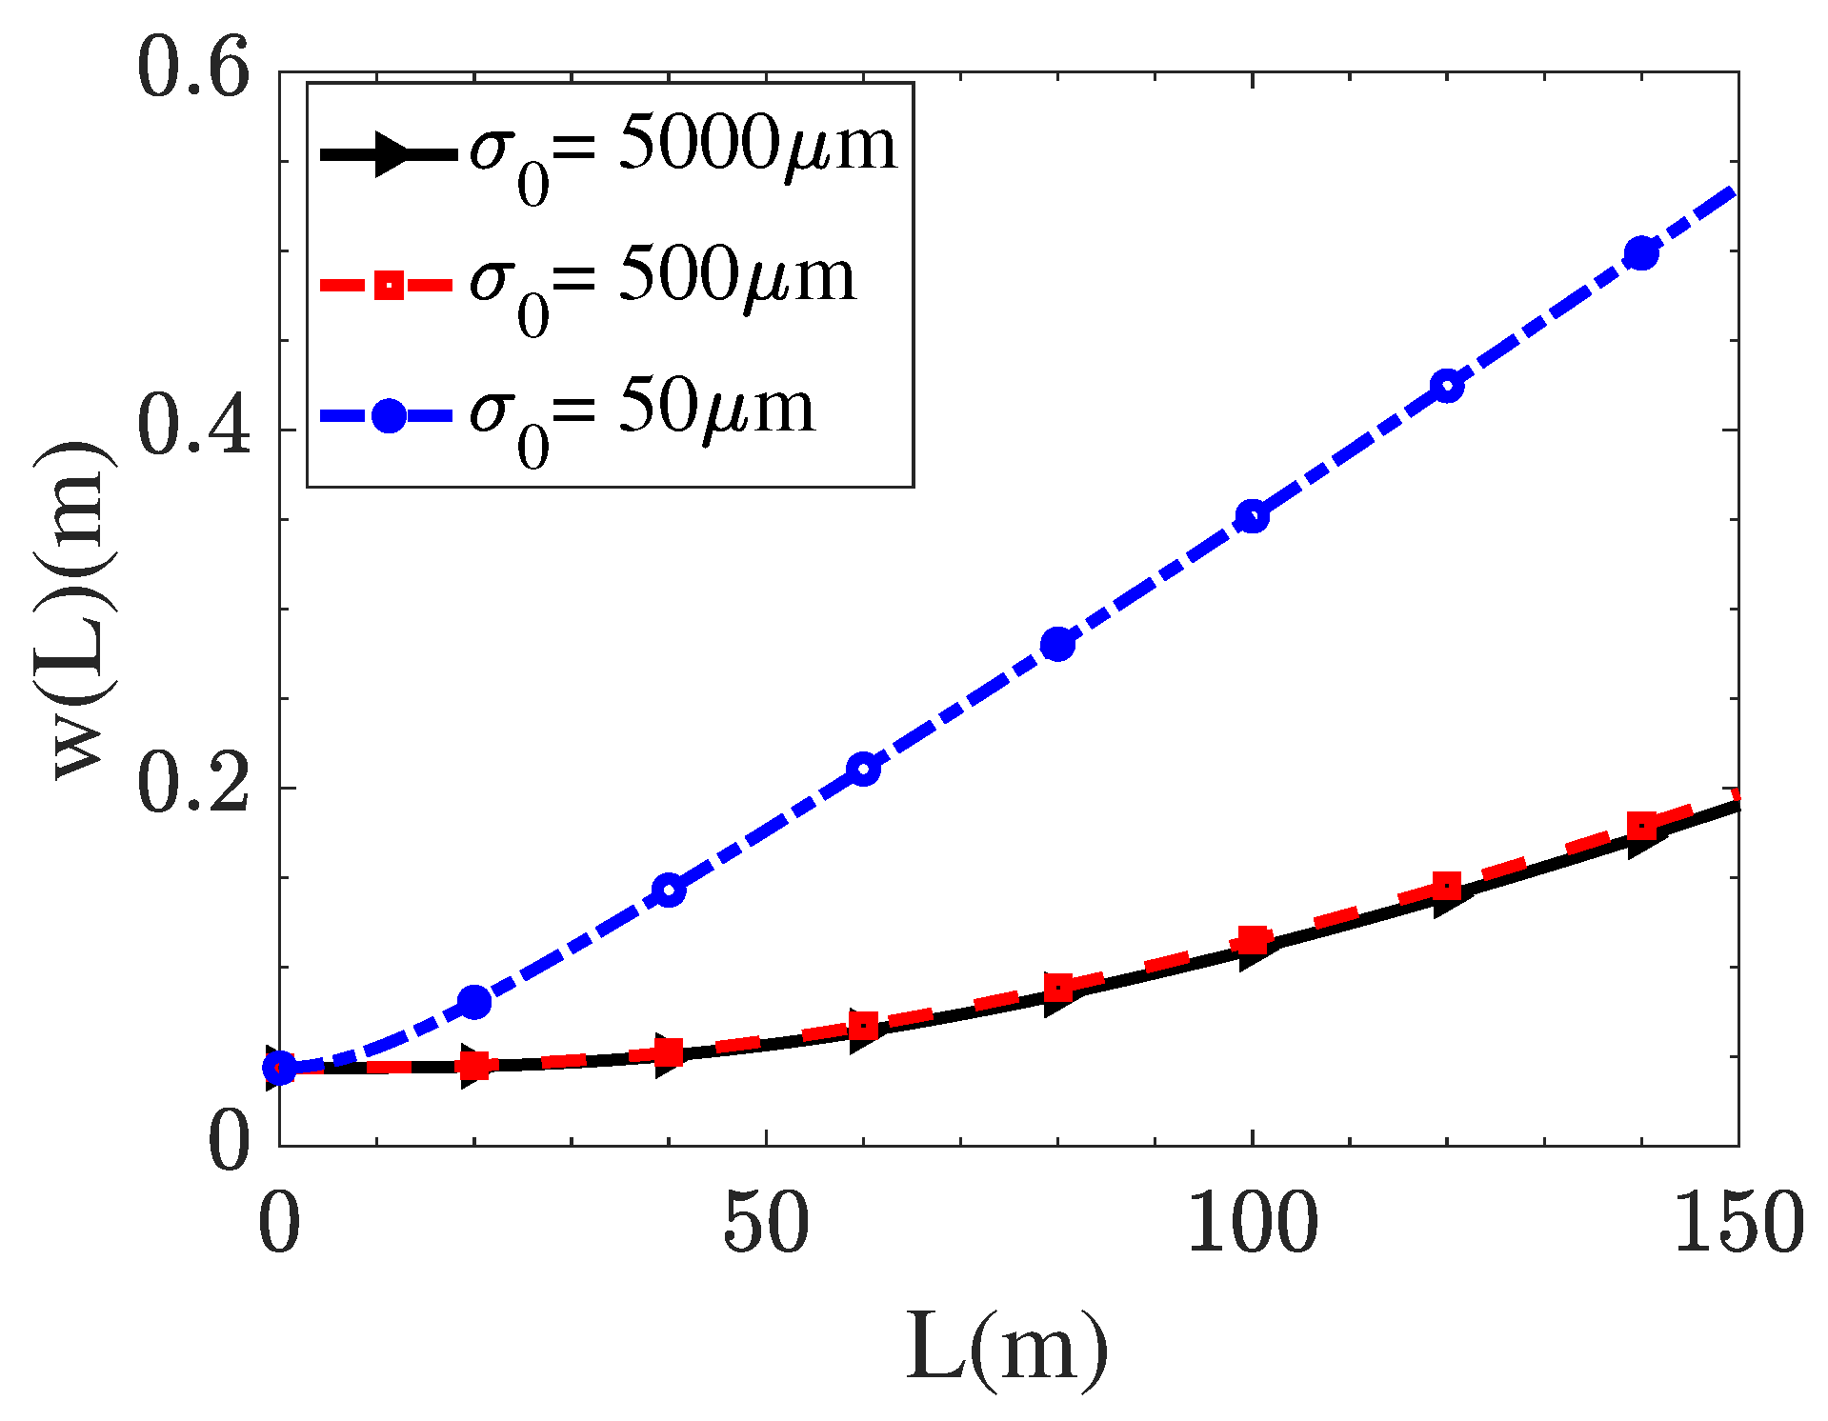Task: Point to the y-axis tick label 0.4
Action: tap(193, 429)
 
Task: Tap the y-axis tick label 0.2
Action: tap(193, 787)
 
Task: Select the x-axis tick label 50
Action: tap(766, 1225)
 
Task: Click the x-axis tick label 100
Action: tap(1252, 1225)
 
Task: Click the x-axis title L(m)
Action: tap(1007, 1349)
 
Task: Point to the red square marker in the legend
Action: tap(389, 284)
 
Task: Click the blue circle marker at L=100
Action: tap(1252, 517)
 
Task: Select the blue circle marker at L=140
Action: tap(1641, 253)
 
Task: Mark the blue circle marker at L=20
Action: tap(474, 1001)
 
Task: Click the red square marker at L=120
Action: tap(1447, 886)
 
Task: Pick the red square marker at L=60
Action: tap(863, 1026)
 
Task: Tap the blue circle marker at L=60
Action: tap(863, 770)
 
